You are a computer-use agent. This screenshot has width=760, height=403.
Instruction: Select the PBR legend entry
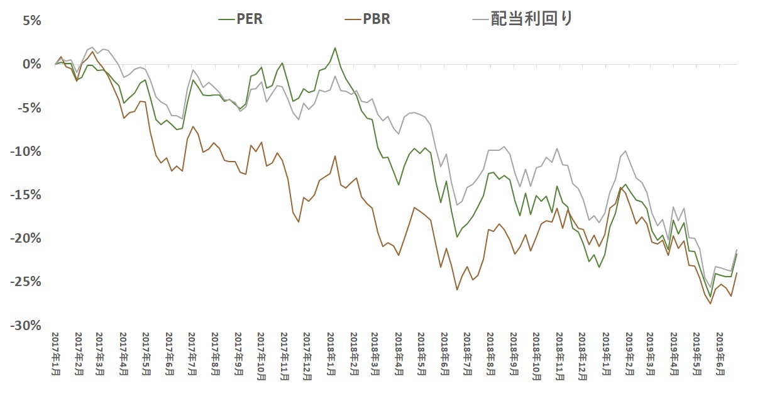[376, 19]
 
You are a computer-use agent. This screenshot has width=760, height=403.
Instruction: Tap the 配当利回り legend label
[532, 18]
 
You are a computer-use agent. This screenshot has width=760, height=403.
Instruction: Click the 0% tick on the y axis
[31, 64]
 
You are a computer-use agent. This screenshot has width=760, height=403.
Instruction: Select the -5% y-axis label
[30, 108]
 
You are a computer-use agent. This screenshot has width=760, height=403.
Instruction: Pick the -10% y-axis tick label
[27, 151]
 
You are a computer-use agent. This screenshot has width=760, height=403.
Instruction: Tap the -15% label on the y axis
[27, 195]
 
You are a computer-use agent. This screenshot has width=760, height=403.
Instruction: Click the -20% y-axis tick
[27, 238]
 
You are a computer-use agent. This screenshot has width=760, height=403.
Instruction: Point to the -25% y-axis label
[27, 282]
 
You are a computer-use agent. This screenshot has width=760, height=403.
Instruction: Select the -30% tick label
[27, 326]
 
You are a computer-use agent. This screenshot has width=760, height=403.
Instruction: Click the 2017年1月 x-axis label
[55, 355]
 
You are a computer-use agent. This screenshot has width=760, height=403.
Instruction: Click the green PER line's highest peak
[335, 48]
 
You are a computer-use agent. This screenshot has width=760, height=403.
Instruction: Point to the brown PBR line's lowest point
[710, 304]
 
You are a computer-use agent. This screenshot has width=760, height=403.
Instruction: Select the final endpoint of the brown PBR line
[737, 273]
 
